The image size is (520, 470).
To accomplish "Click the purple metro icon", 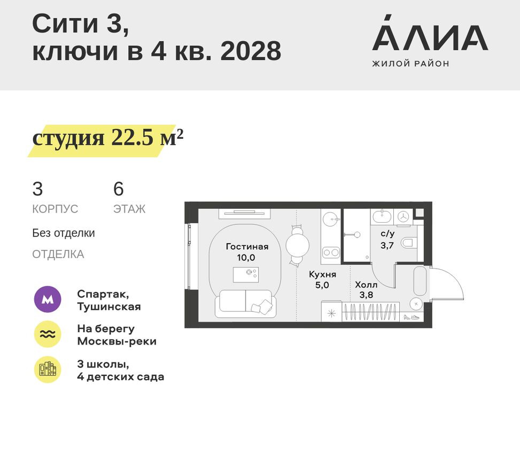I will coord(48,300).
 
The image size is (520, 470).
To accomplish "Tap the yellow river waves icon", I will coord(48,335).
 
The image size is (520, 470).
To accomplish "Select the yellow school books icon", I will coord(48,370).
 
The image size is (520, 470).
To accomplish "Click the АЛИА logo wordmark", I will coord(430,38).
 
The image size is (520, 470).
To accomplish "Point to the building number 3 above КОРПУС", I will coord(37,189).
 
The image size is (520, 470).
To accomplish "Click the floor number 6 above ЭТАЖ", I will coord(118,189).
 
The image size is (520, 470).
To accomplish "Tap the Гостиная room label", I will coord(246,247).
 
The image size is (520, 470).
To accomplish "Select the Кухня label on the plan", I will coord(322,275).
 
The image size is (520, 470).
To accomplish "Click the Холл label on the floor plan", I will coord(366,285).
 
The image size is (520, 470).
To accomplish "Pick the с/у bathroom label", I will coord(387,234).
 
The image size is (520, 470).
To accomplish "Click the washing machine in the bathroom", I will coord(403,216).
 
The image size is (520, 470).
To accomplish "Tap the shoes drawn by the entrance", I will coord(412,317).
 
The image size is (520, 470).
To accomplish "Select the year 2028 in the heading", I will coord(251,52).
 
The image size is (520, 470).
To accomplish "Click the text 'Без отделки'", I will coord(64,233).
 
